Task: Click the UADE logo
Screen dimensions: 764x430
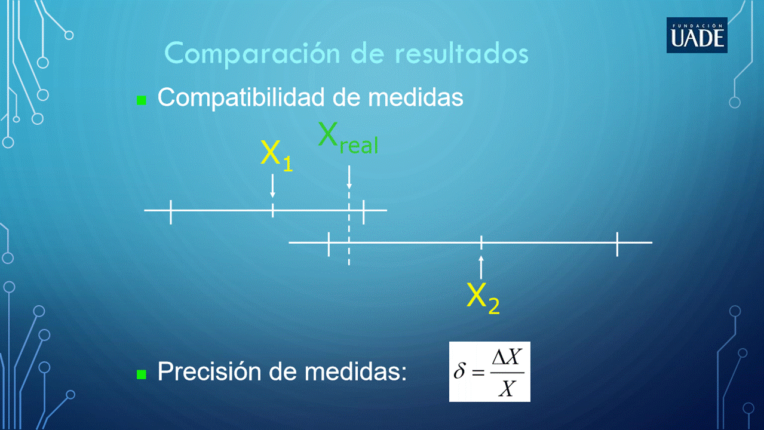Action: [x=697, y=35]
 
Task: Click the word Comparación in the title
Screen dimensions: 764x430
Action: [x=252, y=54]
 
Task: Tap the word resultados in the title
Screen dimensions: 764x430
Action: [x=462, y=54]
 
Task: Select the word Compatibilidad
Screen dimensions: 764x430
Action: [x=241, y=98]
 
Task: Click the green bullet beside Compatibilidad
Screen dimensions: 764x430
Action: [x=141, y=100]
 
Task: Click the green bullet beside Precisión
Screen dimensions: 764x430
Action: [x=141, y=374]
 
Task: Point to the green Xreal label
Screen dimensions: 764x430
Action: [x=348, y=139]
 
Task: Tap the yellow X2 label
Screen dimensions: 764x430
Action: [x=483, y=298]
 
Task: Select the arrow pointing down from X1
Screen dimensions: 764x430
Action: [x=272, y=186]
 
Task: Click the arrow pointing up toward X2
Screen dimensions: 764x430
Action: [x=481, y=268]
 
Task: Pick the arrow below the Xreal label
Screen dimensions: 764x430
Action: [x=349, y=177]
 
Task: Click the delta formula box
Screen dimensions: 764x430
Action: [x=489, y=371]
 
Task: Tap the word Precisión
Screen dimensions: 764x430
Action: [x=210, y=371]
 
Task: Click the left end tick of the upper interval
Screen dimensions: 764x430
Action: [x=171, y=212]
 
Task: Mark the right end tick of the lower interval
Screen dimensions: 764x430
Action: [x=617, y=244]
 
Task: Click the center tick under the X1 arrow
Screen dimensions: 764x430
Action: [x=272, y=210]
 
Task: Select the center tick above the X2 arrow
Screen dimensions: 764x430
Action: [x=481, y=242]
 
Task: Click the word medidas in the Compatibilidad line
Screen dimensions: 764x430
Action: [x=415, y=97]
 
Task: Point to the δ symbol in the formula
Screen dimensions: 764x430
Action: [x=460, y=371]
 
